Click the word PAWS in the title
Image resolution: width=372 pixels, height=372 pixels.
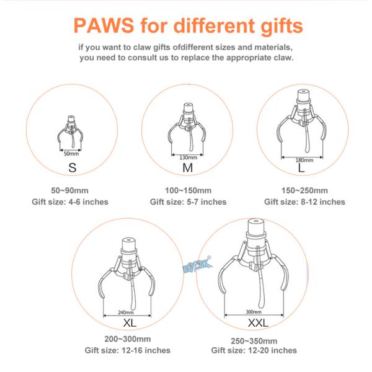104,25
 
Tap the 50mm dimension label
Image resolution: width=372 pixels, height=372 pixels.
71,154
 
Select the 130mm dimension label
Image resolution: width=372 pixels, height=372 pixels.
188,157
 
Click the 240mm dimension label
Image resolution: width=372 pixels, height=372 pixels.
126,312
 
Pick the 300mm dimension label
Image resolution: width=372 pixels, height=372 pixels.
254,312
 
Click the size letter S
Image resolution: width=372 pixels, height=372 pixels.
73,168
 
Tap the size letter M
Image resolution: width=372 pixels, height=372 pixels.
188,168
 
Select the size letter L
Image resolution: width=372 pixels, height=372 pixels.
301,168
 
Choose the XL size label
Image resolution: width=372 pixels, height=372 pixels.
130,322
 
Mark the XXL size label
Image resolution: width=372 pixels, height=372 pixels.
258,322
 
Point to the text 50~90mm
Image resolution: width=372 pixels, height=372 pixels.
69,190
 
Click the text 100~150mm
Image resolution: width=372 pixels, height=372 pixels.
188,190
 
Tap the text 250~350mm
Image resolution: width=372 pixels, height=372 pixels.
254,341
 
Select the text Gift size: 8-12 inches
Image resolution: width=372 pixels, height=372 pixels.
304,202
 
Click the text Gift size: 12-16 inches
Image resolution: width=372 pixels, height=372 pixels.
128,350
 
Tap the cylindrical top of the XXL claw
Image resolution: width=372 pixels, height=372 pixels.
255,226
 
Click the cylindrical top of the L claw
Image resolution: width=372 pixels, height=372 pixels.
303,95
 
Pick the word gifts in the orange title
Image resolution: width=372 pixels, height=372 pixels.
282,26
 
